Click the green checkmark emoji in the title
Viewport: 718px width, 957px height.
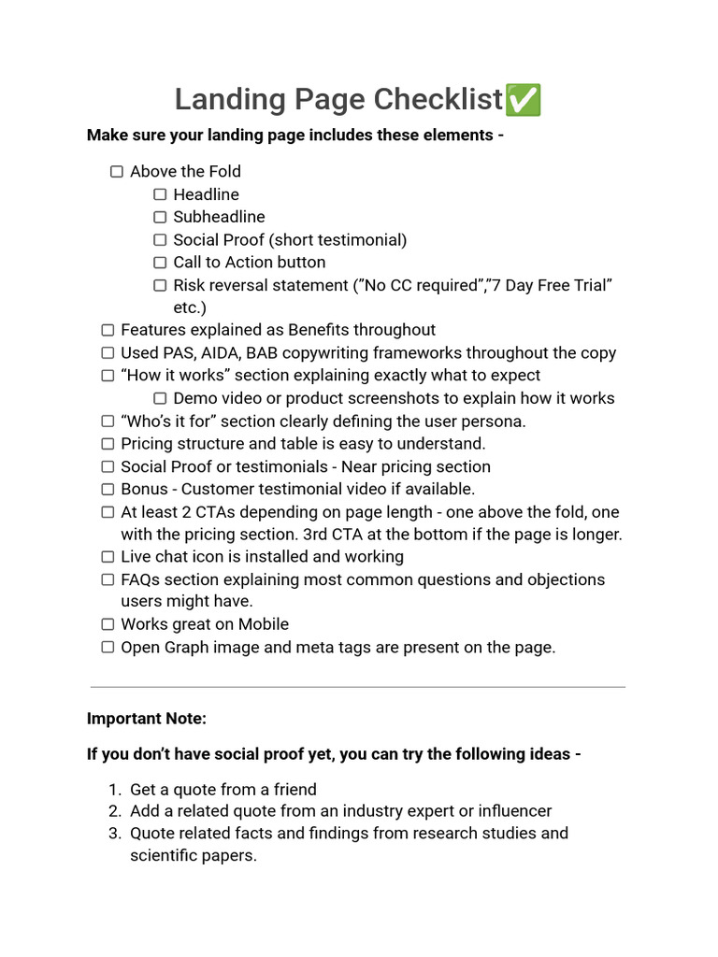(x=523, y=100)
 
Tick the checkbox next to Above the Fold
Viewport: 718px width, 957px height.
(x=117, y=172)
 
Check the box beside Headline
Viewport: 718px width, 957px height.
(x=160, y=194)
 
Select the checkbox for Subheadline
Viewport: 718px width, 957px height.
(x=160, y=217)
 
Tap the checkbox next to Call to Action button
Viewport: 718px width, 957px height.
(x=160, y=263)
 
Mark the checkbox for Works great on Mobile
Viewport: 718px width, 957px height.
(x=108, y=624)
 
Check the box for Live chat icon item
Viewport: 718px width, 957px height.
(x=108, y=557)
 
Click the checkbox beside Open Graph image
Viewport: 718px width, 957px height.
(x=108, y=647)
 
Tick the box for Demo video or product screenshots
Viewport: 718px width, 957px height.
(x=160, y=398)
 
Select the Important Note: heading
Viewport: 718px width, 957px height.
(x=147, y=719)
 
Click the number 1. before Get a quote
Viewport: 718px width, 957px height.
(x=115, y=790)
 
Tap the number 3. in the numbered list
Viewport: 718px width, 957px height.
(x=115, y=833)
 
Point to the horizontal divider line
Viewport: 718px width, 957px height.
(x=358, y=688)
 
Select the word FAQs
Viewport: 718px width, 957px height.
(x=142, y=579)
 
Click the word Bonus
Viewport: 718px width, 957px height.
(x=145, y=489)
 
